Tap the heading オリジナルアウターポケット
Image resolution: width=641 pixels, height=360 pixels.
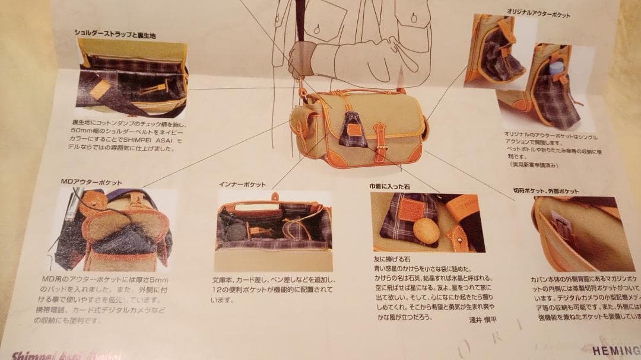click(538, 12)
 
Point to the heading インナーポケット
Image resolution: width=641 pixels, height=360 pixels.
click(244, 184)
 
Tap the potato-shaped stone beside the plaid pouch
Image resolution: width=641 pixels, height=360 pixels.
click(426, 231)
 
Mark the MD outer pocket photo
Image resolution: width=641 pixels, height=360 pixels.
click(116, 228)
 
